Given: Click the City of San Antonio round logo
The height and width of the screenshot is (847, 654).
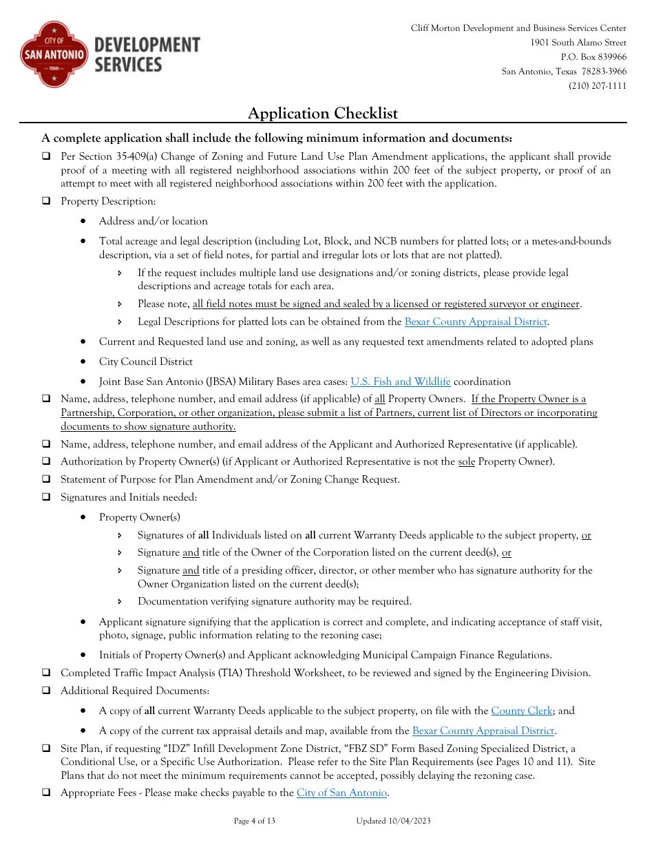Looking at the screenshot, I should click(x=54, y=54).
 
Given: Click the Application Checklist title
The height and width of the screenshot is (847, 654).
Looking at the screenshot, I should click(x=322, y=114).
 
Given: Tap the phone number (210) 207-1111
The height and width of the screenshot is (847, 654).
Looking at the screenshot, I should click(x=597, y=86).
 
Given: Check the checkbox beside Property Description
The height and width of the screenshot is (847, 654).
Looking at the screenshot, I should click(x=46, y=202).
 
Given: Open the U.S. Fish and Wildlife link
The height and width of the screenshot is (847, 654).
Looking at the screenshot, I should click(x=401, y=381).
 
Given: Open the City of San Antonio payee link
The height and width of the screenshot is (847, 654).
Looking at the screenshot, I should click(x=341, y=793).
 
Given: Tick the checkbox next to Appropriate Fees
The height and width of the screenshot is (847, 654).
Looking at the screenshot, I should click(x=46, y=793).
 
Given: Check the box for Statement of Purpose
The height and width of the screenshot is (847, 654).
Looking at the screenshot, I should click(x=46, y=479).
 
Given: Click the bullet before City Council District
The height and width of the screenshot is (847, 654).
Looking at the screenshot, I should click(x=83, y=362).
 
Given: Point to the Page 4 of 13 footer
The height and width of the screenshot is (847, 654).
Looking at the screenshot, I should click(x=255, y=821).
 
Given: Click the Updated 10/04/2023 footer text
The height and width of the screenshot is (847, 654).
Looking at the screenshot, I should click(x=394, y=821).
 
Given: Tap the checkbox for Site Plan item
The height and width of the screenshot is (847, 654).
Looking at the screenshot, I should click(x=46, y=749).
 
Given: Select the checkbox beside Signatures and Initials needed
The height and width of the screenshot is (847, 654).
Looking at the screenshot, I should click(x=46, y=497).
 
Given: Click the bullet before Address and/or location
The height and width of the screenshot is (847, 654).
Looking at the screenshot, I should click(x=83, y=222).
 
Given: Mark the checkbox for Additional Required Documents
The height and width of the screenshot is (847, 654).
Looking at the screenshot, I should click(x=46, y=691).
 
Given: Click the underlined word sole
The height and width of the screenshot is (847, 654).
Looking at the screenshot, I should click(x=467, y=461).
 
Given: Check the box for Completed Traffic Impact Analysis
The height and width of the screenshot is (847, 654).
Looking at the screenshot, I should click(x=46, y=673).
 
